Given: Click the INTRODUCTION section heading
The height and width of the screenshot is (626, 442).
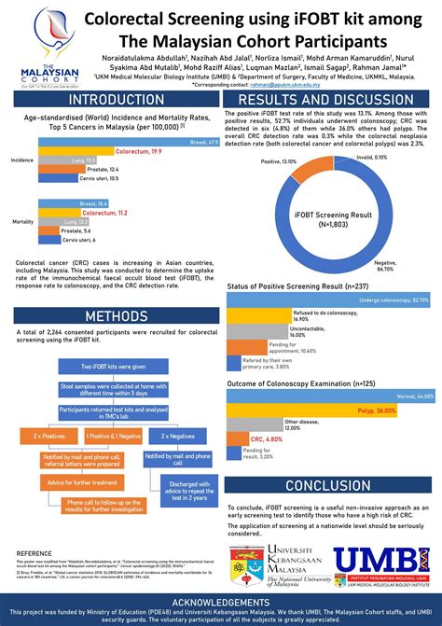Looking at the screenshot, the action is coord(111,100).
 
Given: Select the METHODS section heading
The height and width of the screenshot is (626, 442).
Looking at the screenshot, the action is coord(111,317).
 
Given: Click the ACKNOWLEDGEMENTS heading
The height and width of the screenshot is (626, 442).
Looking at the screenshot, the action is coord(221,602).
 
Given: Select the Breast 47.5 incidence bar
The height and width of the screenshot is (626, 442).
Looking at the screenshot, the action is coord(130,142).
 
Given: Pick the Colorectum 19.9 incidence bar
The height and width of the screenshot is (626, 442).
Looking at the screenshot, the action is coord(101,150).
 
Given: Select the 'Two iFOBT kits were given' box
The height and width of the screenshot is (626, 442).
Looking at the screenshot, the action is coord(112,367).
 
